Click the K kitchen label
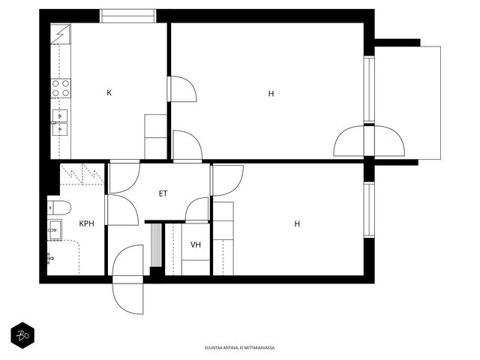click(109, 93)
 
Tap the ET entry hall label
click(163, 193)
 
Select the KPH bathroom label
click(87, 223)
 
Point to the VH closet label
click(196, 244)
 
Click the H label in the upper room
click(271, 93)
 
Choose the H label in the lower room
click(297, 223)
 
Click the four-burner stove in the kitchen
click(61, 88)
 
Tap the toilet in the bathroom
click(59, 208)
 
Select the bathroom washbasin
click(55, 229)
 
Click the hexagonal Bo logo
click(22, 335)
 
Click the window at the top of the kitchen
click(128, 16)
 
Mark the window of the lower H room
click(369, 210)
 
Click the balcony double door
click(369, 141)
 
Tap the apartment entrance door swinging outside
click(128, 295)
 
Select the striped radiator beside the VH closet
click(157, 245)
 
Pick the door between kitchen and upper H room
click(181, 88)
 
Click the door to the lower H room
click(226, 180)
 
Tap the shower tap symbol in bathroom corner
click(50, 258)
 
